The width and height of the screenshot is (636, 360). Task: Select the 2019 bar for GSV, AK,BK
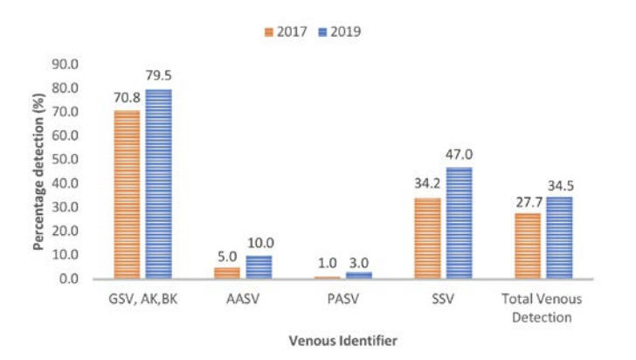pyautogui.click(x=158, y=183)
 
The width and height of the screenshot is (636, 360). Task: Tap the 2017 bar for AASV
pyautogui.click(x=226, y=273)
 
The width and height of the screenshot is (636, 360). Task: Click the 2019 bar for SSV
pyautogui.click(x=459, y=223)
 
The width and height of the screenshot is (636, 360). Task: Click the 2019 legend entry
pyautogui.click(x=340, y=31)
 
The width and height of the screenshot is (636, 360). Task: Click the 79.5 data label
pyautogui.click(x=158, y=76)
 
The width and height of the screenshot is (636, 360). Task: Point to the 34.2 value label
pyautogui.click(x=427, y=186)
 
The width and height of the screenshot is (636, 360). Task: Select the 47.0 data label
pyautogui.click(x=459, y=155)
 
